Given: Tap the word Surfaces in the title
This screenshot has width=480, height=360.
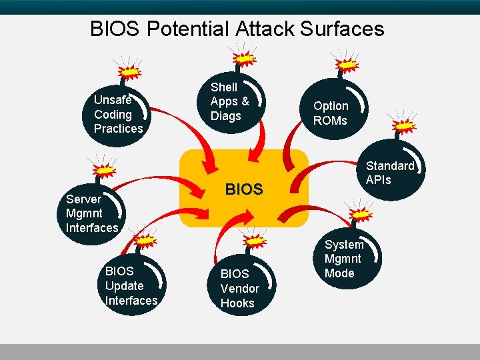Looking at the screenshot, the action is [343, 29].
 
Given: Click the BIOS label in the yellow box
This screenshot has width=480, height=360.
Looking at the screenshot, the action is [244, 189].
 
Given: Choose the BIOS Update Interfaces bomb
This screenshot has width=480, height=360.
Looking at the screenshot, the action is [133, 283].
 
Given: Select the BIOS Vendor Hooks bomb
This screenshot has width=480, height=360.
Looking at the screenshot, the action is [239, 285].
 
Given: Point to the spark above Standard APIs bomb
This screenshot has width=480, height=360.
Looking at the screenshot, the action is [404, 125].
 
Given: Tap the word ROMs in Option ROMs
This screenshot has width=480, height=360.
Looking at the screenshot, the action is [331, 121].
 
